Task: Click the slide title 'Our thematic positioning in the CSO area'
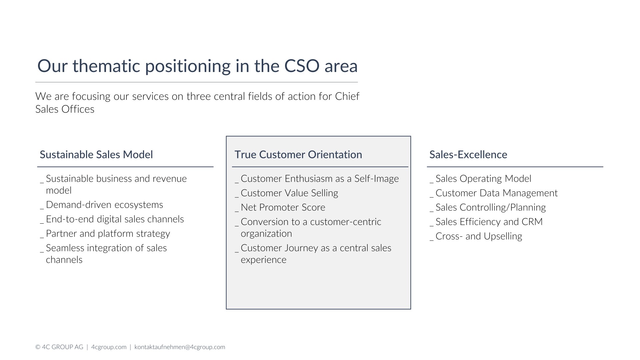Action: point(197,66)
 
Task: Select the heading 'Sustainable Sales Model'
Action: point(96,155)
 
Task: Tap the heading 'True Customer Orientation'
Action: point(298,155)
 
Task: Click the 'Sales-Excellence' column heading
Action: point(468,155)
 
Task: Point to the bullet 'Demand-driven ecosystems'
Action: point(104,205)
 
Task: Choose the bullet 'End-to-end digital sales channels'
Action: point(115,219)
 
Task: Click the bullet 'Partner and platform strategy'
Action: point(108,234)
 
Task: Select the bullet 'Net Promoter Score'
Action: point(283,207)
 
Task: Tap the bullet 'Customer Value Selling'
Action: point(289,193)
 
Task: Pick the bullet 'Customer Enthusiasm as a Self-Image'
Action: point(320,179)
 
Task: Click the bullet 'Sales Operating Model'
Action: point(483,179)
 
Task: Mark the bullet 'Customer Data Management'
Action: point(497,193)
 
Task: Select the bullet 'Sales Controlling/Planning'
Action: point(491,207)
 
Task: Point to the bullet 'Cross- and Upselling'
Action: point(479,236)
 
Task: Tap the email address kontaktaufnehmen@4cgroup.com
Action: point(180,347)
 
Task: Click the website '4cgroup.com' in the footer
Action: point(109,347)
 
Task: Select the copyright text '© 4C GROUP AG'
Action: point(59,347)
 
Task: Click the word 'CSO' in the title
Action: point(302,66)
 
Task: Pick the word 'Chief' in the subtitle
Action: point(347,96)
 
